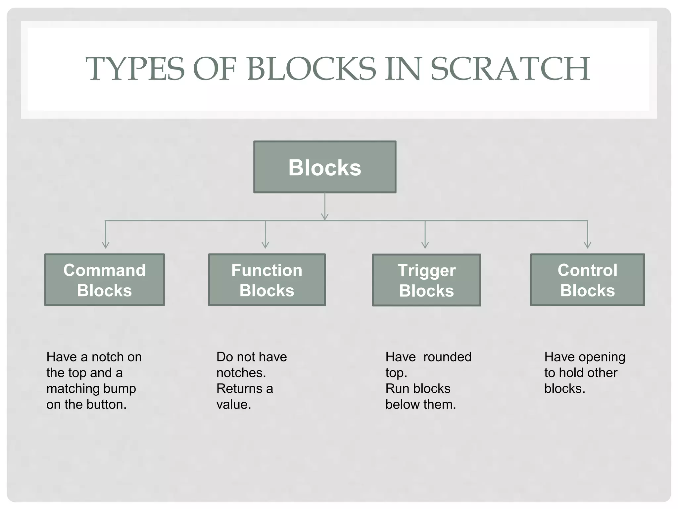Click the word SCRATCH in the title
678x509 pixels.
pos(510,69)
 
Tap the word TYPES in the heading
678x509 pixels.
pos(135,69)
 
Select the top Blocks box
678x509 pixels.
pos(325,167)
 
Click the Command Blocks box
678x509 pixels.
pos(105,280)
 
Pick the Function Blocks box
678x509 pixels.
pos(267,280)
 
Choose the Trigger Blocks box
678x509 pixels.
pos(426,280)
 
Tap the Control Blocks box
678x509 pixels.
pos(587,280)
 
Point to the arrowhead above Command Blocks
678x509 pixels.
pos(106,245)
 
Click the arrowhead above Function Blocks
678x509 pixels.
pos(265,245)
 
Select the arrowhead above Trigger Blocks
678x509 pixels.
pos(425,245)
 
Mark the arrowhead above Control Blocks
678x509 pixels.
pos(588,245)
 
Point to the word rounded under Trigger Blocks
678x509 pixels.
pos(447,357)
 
